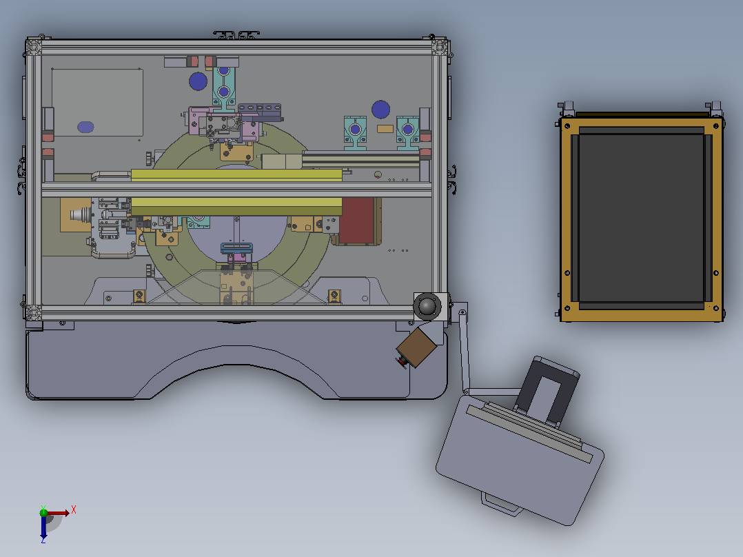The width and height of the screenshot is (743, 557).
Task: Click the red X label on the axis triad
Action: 74,510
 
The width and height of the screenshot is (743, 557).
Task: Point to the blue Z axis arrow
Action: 43,526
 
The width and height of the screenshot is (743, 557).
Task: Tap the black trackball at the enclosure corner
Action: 427,306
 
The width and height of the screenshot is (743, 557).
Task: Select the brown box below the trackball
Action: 416,347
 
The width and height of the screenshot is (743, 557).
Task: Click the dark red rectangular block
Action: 358,220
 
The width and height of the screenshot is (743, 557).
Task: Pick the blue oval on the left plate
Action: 85,127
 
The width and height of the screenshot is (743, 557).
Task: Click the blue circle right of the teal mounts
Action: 380,110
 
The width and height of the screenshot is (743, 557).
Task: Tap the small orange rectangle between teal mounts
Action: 385,128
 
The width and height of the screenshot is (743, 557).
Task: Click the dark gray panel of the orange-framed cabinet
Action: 641,218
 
